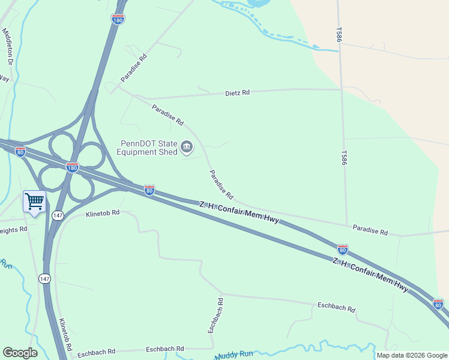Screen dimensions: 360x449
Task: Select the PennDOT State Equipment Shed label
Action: click(x=149, y=148)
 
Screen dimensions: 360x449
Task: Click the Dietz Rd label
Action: click(x=237, y=93)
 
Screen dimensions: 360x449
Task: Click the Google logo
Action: click(x=20, y=353)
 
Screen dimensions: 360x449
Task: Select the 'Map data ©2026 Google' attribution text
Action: click(x=412, y=355)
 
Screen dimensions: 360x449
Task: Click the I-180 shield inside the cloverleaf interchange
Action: click(x=72, y=167)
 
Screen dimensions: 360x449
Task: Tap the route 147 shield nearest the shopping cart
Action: click(x=58, y=215)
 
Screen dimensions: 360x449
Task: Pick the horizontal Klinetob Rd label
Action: click(x=103, y=213)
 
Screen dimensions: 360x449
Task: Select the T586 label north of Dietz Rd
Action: click(x=339, y=34)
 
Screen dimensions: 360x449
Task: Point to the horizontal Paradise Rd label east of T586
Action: click(x=370, y=230)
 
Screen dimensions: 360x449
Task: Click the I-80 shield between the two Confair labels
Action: click(x=342, y=249)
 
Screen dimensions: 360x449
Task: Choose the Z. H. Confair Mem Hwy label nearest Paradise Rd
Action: click(x=239, y=213)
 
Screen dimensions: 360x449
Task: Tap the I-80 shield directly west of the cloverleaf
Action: click(x=20, y=152)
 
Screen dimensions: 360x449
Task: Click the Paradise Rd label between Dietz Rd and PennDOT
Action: click(x=167, y=115)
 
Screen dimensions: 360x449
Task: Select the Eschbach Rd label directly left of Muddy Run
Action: click(x=164, y=349)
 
